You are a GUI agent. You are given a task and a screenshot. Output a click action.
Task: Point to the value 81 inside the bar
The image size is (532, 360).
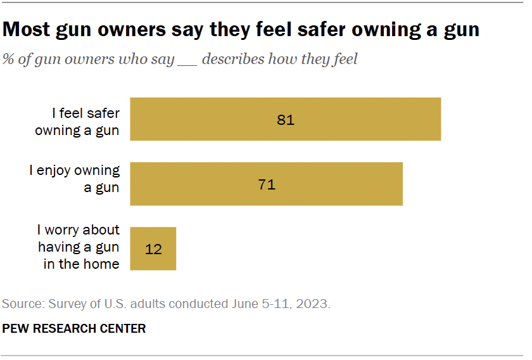286,120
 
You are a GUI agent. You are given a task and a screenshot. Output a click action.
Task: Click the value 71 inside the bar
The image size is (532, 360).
267,184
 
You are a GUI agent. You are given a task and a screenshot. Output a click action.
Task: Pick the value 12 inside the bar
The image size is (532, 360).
153,249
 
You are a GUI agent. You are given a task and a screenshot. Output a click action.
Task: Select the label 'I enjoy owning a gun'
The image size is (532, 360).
74,178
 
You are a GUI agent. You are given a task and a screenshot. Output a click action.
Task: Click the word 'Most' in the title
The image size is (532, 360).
29,29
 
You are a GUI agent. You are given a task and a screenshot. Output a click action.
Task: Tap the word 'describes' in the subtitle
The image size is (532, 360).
231,60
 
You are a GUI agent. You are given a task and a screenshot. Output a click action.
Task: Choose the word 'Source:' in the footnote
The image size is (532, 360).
23,304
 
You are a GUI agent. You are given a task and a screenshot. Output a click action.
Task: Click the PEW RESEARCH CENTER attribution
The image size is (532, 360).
74,328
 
